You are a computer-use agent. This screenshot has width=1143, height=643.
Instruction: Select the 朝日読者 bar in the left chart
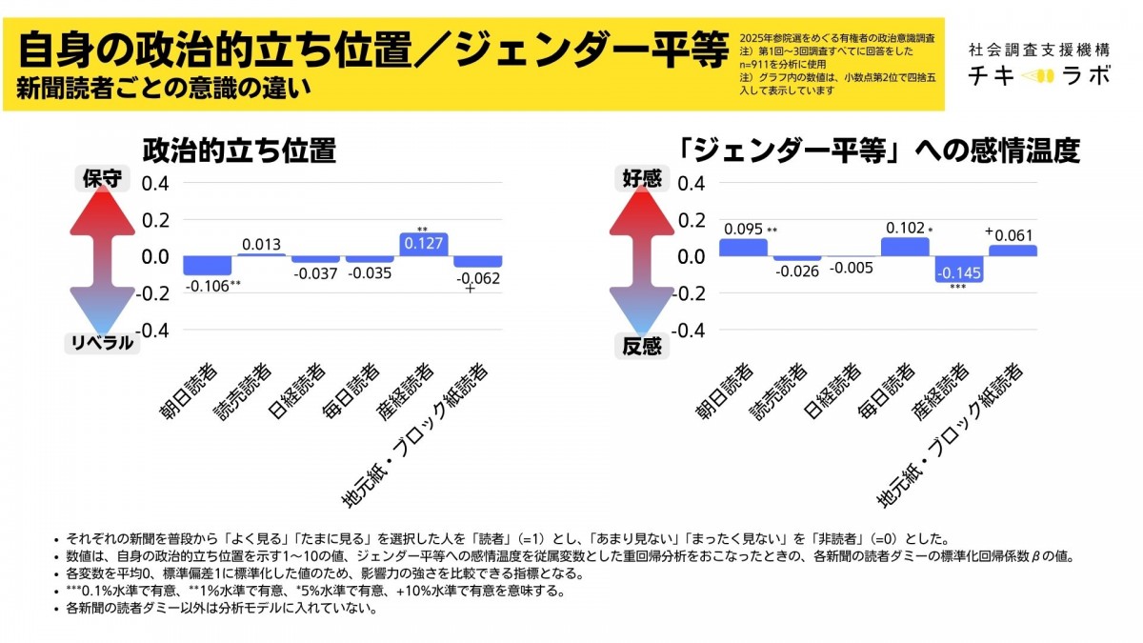coord(207,266)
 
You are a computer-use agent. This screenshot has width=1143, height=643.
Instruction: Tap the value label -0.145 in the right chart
coord(959,273)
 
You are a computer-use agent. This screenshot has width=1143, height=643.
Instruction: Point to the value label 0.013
coord(260,245)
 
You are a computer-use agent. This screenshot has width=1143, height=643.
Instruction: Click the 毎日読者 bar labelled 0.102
coord(905,247)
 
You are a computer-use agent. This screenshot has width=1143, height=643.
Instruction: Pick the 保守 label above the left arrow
coord(103,178)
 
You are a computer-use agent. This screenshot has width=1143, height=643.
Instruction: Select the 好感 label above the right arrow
coord(642,178)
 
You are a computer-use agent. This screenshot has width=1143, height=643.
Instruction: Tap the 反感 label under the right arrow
coord(642,346)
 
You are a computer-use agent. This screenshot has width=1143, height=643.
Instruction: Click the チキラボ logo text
coord(1038,76)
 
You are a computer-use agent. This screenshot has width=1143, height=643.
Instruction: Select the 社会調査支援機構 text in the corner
coord(1038,48)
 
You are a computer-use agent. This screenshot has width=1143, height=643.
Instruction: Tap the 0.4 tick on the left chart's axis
coord(155,183)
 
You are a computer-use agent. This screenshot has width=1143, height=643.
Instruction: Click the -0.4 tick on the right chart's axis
coord(689,331)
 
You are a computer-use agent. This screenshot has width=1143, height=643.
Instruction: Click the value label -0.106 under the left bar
coord(205,286)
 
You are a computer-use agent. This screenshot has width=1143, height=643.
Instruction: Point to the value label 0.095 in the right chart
coord(743,229)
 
